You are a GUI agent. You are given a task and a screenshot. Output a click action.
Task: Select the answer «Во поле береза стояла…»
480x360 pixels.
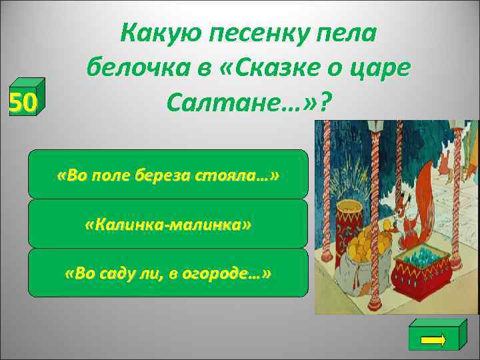coord(168,175)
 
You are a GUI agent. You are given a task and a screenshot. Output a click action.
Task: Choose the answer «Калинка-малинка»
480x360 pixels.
coord(168,224)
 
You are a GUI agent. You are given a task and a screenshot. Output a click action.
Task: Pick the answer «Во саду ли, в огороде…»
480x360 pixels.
coord(168,273)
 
